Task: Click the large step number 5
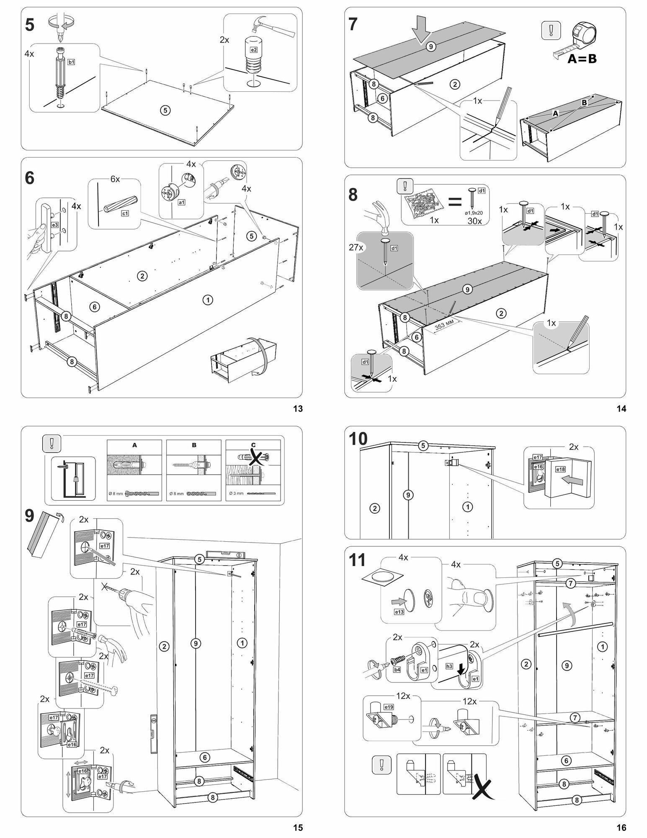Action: tap(30, 25)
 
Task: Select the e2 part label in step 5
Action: tap(253, 50)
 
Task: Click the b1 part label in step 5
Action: tap(71, 62)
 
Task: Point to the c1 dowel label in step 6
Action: tap(125, 214)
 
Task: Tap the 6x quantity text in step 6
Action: tap(115, 179)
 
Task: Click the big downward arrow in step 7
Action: tap(420, 30)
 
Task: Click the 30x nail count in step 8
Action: tap(474, 221)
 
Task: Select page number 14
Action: tap(621, 409)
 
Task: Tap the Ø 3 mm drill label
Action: tap(237, 493)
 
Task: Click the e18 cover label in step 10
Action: tap(561, 469)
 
